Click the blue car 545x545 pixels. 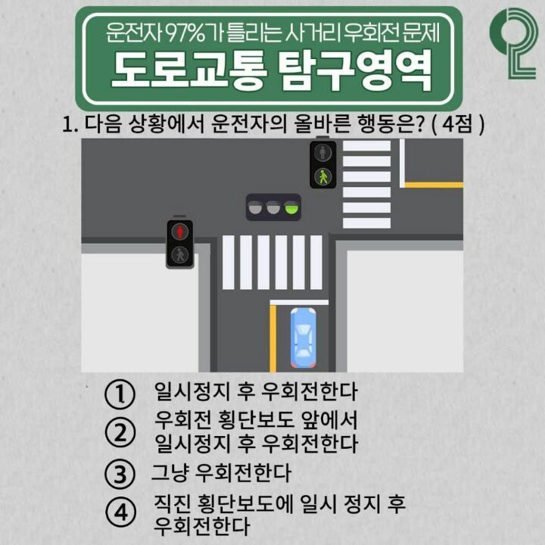click(303, 338)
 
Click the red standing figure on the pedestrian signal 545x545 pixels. click(179, 232)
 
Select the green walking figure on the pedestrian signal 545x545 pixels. click(323, 176)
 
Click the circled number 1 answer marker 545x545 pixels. click(120, 394)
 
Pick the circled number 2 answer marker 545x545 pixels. click(120, 433)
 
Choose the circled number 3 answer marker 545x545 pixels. click(120, 475)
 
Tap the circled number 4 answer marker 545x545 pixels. click(120, 512)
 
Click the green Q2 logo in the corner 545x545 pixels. click(514, 43)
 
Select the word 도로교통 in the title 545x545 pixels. click(189, 70)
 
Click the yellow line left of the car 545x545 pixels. click(272, 338)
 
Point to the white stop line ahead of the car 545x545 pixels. click(299, 302)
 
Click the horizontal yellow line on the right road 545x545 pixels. click(434, 185)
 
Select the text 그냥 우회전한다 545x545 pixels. click(221, 472)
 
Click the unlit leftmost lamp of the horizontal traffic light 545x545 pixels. click(256, 207)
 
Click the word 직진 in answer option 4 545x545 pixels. click(171, 503)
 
